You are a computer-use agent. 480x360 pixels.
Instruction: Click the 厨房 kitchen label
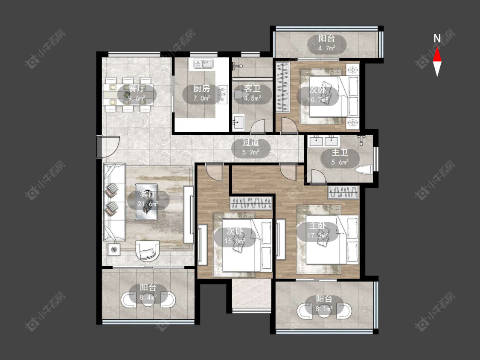(x=201, y=88)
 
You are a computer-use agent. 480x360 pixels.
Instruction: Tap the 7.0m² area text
(x=202, y=98)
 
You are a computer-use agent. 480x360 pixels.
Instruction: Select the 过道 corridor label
(x=251, y=142)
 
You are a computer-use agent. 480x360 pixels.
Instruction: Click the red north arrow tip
(x=437, y=47)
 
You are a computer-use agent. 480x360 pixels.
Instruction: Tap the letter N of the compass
(x=437, y=38)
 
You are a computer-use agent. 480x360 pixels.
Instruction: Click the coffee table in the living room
(x=146, y=202)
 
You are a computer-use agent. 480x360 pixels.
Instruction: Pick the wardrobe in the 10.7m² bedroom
(x=283, y=87)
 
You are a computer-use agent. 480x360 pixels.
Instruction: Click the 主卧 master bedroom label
(x=317, y=226)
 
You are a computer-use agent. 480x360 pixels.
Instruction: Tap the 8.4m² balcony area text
(x=148, y=297)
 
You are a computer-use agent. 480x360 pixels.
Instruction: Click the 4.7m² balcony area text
(x=327, y=48)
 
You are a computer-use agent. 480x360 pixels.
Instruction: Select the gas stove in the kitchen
(x=223, y=94)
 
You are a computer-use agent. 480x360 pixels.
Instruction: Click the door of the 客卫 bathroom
(x=257, y=126)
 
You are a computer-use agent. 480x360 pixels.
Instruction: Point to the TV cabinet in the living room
(x=189, y=215)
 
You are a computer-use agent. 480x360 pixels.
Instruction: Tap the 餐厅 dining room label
(x=137, y=88)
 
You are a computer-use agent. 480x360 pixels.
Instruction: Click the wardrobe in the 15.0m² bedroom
(x=251, y=203)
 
